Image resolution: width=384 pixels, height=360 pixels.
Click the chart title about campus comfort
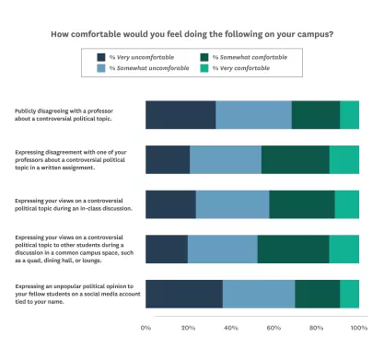192,35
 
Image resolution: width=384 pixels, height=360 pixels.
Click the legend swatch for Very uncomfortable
101,57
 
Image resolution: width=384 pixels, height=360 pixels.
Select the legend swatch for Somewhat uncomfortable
101,68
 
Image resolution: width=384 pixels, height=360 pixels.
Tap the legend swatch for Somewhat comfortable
204,57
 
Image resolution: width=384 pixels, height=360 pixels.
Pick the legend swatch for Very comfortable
204,68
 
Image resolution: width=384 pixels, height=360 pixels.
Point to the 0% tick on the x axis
145,327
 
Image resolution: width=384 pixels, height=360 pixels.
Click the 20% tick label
188,327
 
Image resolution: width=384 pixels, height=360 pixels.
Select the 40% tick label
231,327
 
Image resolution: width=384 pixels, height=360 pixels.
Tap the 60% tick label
273,327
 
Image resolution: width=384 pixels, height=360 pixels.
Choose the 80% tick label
317,327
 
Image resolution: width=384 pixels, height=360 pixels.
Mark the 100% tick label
358,327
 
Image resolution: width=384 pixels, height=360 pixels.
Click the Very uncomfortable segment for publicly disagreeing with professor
180,115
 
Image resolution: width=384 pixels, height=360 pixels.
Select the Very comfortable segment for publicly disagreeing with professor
349,115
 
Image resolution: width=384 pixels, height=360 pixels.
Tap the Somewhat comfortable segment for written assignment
295,159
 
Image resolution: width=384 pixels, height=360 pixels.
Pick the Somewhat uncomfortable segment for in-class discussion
232,204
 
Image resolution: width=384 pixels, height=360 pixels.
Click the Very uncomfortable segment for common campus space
167,249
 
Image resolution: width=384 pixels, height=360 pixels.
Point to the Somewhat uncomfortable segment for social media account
258,293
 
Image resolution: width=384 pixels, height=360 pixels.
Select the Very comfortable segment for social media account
349,293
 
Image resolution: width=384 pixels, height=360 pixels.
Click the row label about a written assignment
70,159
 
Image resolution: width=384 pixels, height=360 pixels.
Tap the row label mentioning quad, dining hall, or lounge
70,249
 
